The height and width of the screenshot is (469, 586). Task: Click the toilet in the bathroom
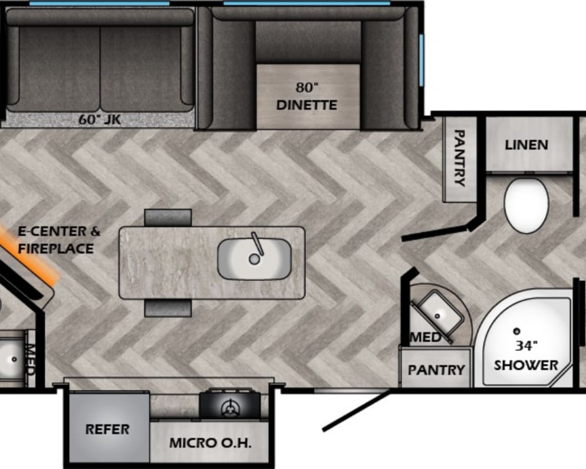[x=526, y=205]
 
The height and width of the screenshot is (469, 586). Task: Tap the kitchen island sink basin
[x=254, y=259]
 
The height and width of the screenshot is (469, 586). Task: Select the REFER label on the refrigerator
[x=107, y=429]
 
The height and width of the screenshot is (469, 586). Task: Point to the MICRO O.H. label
[x=210, y=443]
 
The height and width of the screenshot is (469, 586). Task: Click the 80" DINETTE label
[x=307, y=97]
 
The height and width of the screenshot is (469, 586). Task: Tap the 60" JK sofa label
[x=100, y=119]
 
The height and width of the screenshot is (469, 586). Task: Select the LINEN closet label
[x=526, y=145]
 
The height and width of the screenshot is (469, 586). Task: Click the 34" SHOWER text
[x=526, y=355]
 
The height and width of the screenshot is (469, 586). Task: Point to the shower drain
[x=517, y=331]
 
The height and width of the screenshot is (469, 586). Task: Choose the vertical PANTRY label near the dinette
[x=459, y=158]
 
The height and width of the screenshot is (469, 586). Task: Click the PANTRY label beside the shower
[x=436, y=370]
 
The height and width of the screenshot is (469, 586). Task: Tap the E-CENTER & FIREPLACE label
[x=59, y=240]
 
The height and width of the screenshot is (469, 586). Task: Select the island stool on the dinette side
[x=168, y=218]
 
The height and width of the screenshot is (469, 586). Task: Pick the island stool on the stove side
[x=168, y=308]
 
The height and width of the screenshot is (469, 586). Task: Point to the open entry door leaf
[x=356, y=411]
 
